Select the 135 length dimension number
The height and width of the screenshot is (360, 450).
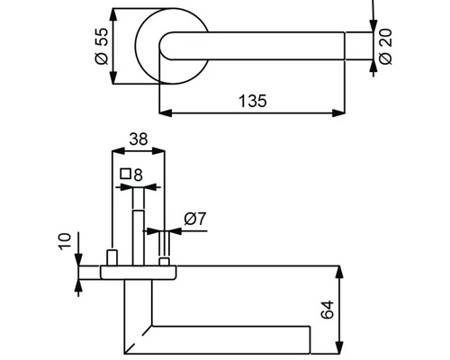click(x=254, y=102)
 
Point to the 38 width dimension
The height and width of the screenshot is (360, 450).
click(x=137, y=139)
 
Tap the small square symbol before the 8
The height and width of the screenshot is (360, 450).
click(x=126, y=174)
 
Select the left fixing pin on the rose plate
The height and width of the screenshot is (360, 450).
click(x=111, y=258)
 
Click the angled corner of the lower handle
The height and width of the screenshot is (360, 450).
click(x=135, y=337)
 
